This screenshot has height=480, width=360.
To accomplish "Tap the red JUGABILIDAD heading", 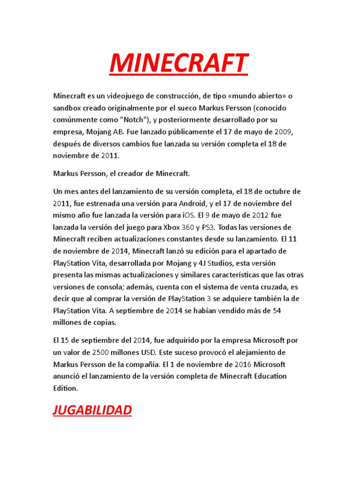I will click(x=92, y=411).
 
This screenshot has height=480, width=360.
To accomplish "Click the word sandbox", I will click(x=67, y=108).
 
